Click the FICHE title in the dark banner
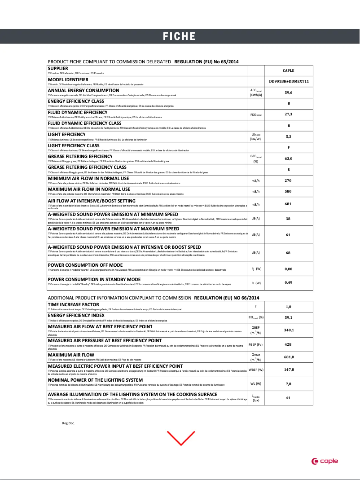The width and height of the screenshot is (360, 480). [179, 36]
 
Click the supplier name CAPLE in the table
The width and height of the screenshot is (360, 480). [288, 70]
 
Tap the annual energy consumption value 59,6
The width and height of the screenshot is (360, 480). [288, 92]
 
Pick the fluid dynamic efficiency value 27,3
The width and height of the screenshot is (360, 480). [288, 114]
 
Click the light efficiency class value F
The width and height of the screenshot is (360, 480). [288, 147]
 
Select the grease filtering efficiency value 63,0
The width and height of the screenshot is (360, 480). [288, 159]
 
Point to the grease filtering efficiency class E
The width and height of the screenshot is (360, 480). [288, 169]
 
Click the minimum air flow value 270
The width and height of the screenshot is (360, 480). [288, 181]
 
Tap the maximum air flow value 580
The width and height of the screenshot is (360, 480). [288, 192]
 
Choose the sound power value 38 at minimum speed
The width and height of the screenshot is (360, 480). [288, 219]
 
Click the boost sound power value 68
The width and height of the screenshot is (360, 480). [288, 253]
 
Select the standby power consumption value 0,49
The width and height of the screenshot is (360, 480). [288, 282]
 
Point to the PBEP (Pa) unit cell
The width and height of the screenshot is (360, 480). [256, 344]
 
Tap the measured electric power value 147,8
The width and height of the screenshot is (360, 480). [289, 370]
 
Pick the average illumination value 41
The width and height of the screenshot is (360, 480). [288, 398]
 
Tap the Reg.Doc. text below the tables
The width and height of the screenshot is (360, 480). [68, 423]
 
